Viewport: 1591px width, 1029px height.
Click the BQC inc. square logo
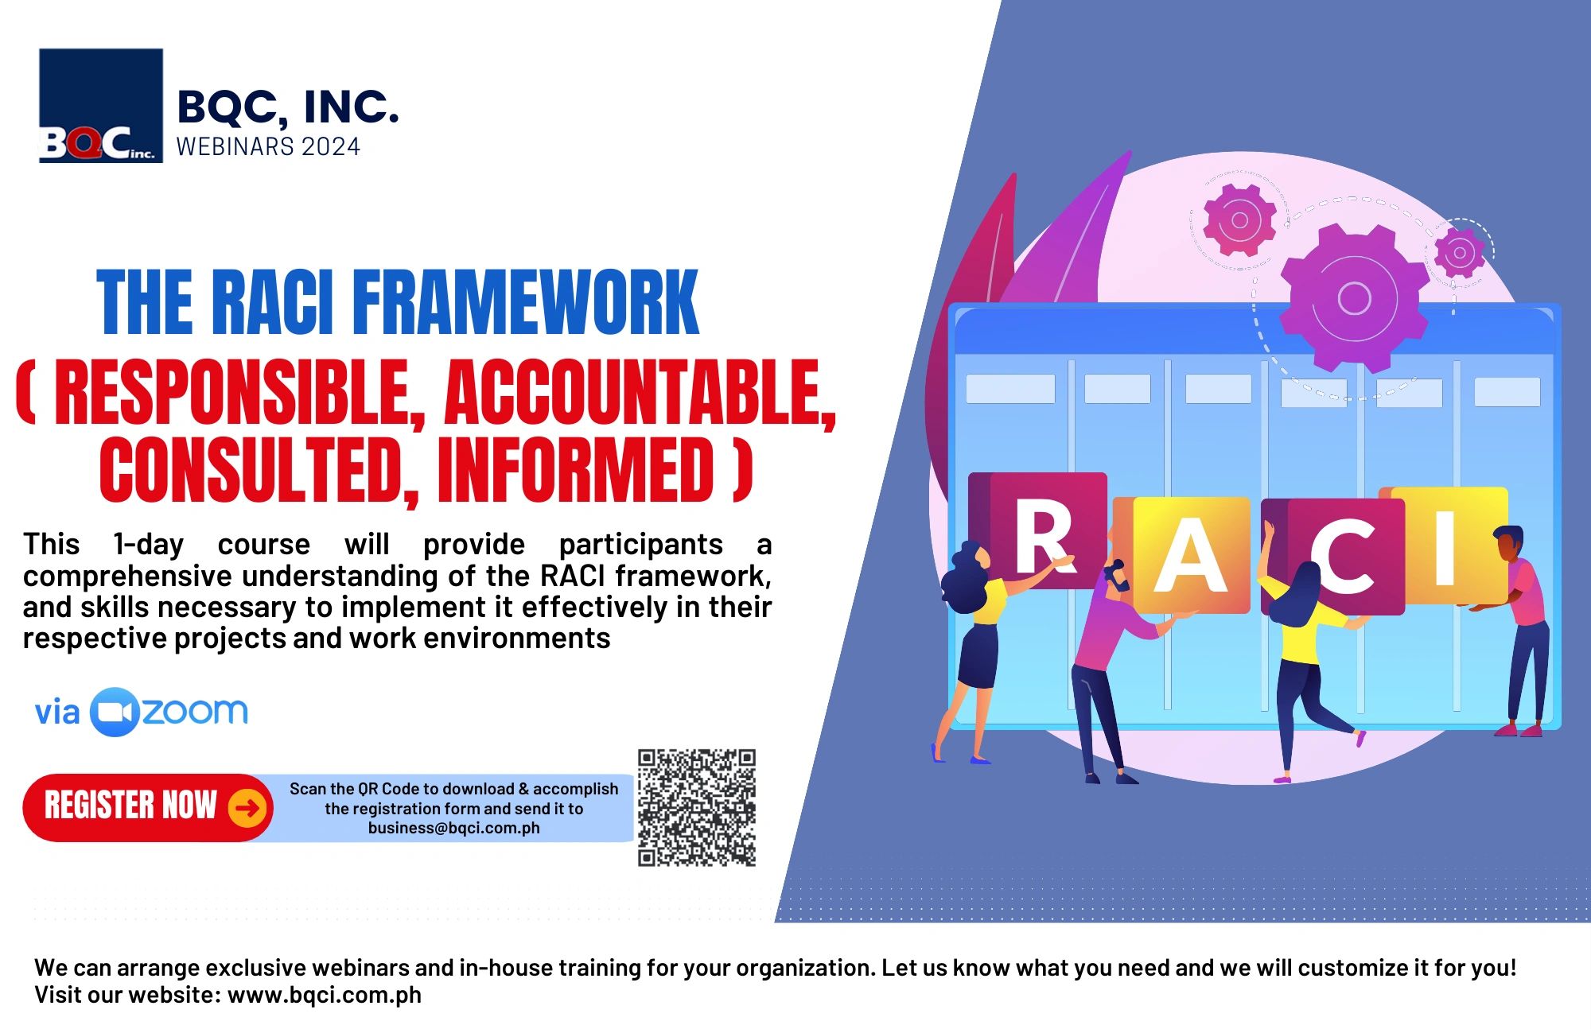pos(101,106)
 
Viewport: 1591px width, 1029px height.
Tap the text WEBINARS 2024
pos(268,147)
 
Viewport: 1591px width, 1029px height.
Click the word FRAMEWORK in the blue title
pos(525,303)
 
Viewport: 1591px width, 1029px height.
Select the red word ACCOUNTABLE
pos(640,394)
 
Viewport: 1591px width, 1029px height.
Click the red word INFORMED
pos(575,471)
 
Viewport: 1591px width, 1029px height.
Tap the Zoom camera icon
pos(115,712)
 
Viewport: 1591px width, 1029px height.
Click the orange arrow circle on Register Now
pos(247,808)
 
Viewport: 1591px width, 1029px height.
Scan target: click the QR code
pos(696,807)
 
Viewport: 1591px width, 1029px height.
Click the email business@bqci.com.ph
pos(453,828)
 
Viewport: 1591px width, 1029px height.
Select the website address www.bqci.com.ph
pos(325,995)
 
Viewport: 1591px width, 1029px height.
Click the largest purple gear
pos(1354,298)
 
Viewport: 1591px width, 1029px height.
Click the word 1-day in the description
pos(149,545)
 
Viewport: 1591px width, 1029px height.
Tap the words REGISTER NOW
pos(130,806)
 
